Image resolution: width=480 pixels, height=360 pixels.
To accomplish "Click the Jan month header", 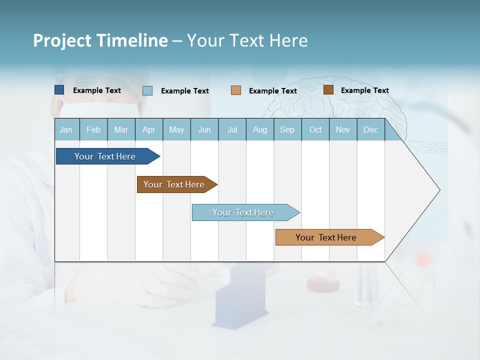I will point(66,129).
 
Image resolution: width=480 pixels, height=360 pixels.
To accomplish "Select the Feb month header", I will point(93,129).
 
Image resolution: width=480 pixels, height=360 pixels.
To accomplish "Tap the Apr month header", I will point(148,129).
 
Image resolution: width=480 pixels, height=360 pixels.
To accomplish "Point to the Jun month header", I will point(204,129).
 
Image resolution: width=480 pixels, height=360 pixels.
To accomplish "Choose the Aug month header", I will point(259,129).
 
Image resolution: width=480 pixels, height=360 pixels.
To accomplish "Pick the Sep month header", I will point(287,129).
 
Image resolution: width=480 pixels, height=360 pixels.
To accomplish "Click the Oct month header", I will point(315,129).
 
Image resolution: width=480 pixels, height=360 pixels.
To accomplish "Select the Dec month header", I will point(370,129).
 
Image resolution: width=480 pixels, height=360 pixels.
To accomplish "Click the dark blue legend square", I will point(59,90).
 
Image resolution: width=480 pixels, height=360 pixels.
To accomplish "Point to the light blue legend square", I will point(147,90).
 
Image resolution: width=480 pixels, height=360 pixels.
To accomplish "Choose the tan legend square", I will point(236,90).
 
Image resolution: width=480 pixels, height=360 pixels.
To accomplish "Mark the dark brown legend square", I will point(328,90).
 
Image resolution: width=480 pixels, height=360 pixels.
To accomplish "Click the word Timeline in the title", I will point(132,40).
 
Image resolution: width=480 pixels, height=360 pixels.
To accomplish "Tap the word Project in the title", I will point(61,40).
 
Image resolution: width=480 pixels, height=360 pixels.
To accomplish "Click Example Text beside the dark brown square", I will point(364,90).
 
